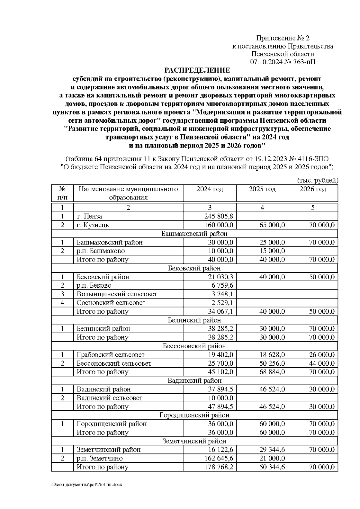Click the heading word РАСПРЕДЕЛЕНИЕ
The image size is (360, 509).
(x=197, y=70)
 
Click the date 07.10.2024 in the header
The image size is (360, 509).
(x=264, y=62)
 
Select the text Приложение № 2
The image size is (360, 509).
(x=283, y=38)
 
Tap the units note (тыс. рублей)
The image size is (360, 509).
(x=318, y=180)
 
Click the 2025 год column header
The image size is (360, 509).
(x=262, y=189)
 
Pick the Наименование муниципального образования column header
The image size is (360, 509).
(x=128, y=193)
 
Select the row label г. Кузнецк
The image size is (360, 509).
(x=93, y=225)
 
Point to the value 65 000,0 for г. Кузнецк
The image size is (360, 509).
(x=272, y=225)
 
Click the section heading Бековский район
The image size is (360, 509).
(x=194, y=268)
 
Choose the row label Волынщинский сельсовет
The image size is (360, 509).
(x=117, y=294)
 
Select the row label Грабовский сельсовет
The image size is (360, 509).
(x=111, y=355)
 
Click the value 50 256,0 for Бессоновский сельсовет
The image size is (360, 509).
(x=272, y=363)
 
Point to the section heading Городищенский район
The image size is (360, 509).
(x=194, y=415)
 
